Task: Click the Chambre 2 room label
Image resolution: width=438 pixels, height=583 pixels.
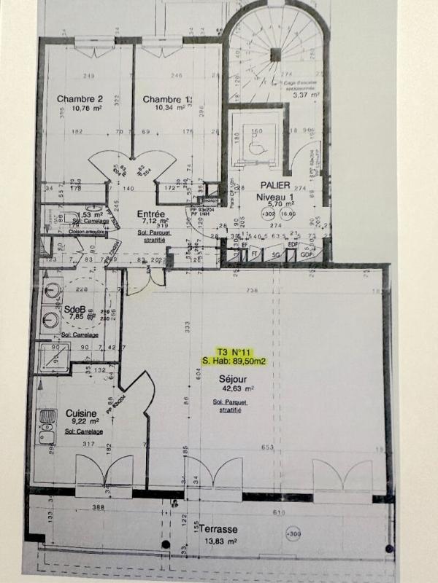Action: pyautogui.click(x=80, y=99)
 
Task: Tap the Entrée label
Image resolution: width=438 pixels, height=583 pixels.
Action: pyautogui.click(x=151, y=214)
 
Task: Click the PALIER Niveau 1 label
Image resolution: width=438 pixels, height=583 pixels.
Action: pyautogui.click(x=274, y=192)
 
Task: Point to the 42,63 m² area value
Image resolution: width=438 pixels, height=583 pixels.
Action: pyautogui.click(x=233, y=391)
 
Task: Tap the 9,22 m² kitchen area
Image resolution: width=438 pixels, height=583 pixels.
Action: pyautogui.click(x=80, y=422)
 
